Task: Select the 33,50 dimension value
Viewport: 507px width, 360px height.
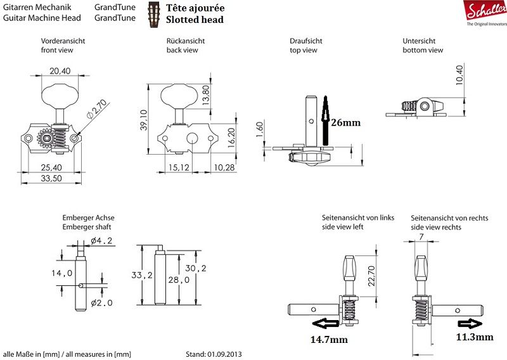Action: [x=50, y=179]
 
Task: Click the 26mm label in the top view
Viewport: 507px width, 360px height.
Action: [x=345, y=123]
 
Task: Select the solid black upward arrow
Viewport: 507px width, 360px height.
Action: [x=325, y=118]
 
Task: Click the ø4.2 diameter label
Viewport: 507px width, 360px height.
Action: [x=101, y=241]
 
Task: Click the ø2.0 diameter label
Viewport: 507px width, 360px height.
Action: [x=101, y=303]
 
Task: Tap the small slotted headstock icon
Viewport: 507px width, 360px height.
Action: [x=153, y=12]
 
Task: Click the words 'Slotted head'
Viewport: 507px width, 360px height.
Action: [x=195, y=20]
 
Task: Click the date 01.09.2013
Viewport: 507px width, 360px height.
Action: [x=226, y=354]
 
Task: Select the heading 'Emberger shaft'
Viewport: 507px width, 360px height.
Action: [x=89, y=226]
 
